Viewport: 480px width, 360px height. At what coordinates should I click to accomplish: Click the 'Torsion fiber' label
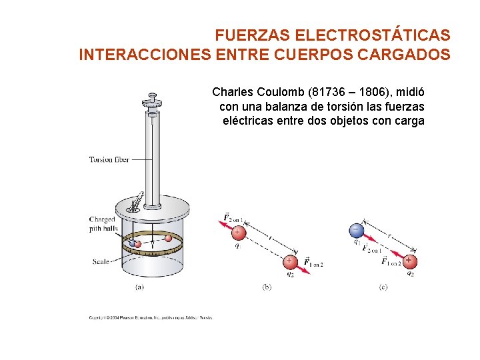tap(109, 159)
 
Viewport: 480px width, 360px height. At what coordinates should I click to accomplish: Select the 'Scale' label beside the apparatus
tap(101, 262)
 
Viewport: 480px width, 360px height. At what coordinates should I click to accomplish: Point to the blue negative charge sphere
tap(356, 231)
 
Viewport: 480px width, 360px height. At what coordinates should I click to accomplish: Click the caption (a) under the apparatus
tap(139, 287)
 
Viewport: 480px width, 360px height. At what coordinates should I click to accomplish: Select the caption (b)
tap(267, 287)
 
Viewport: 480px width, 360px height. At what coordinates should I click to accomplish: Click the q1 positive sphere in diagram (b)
tap(237, 233)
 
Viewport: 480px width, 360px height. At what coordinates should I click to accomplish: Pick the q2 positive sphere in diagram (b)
tap(289, 261)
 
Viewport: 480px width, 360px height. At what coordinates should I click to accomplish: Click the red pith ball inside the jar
tap(169, 238)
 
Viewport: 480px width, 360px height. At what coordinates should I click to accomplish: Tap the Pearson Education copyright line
tap(151, 317)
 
